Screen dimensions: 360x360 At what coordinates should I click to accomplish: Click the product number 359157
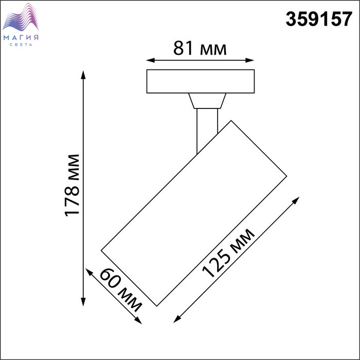319,19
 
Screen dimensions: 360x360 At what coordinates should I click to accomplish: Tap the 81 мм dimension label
200,48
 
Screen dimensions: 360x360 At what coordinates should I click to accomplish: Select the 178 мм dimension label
72,186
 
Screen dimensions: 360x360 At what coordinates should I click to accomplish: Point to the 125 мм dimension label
228,253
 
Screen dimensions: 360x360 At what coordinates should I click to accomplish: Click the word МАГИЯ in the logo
21,38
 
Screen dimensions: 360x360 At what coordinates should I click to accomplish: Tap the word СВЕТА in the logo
21,45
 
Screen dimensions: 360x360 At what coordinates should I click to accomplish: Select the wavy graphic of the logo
21,17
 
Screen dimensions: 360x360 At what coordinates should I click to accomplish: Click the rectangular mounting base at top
201,81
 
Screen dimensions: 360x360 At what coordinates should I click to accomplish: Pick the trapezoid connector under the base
207,101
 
